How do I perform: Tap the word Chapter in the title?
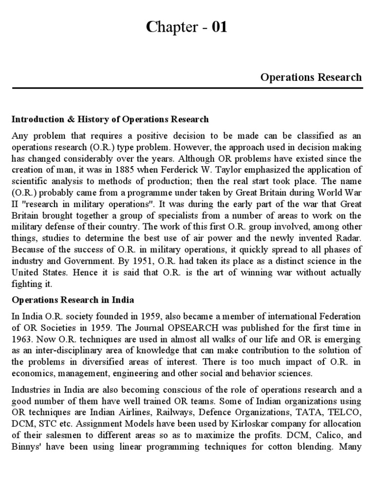[170, 29]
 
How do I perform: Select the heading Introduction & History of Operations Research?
[110, 119]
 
